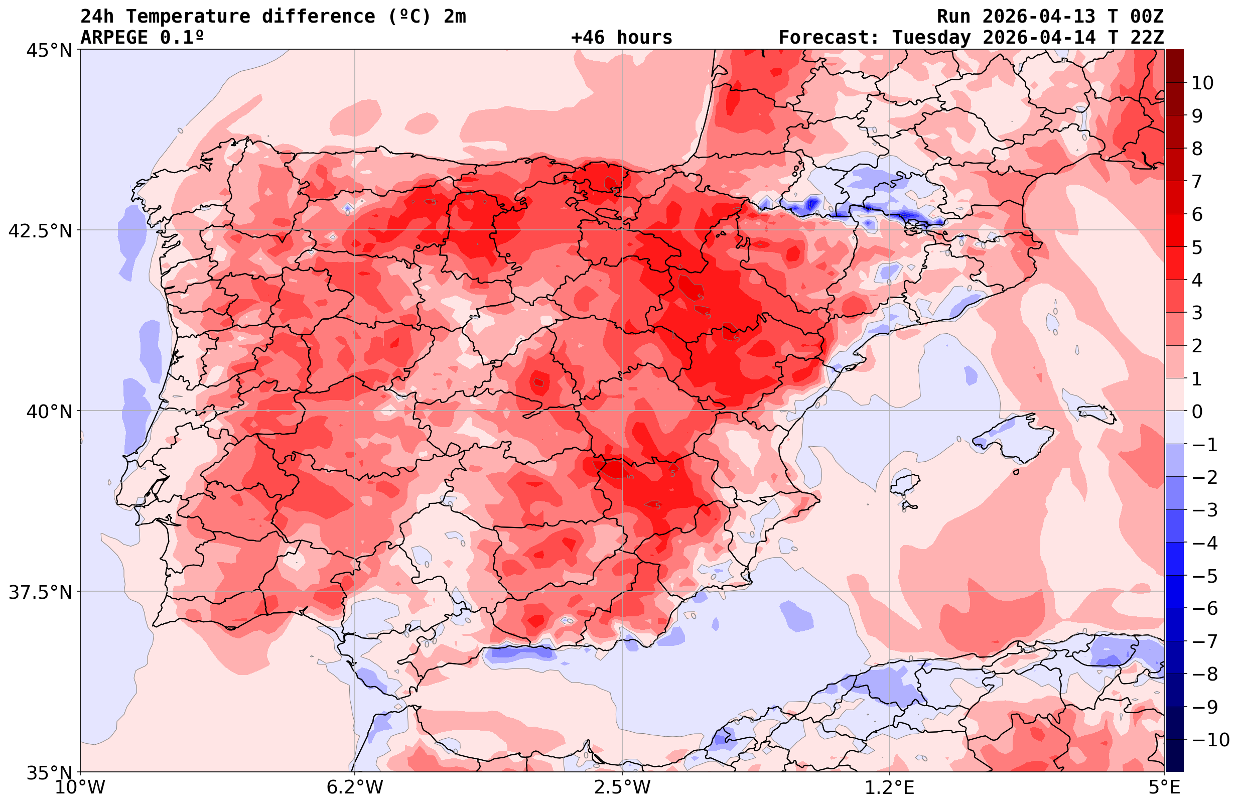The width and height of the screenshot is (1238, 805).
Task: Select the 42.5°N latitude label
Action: (x=40, y=230)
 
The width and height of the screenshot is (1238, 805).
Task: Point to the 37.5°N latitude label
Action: (x=40, y=592)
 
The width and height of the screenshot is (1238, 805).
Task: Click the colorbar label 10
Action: (x=1202, y=83)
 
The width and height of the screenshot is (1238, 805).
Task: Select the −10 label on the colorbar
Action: (x=1210, y=739)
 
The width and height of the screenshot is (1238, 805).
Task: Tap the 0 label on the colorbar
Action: (x=1197, y=412)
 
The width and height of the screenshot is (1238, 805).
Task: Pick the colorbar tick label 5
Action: (x=1197, y=247)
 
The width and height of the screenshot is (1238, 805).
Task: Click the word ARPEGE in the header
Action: (x=114, y=38)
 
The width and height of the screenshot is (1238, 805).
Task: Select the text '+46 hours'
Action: (x=622, y=38)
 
